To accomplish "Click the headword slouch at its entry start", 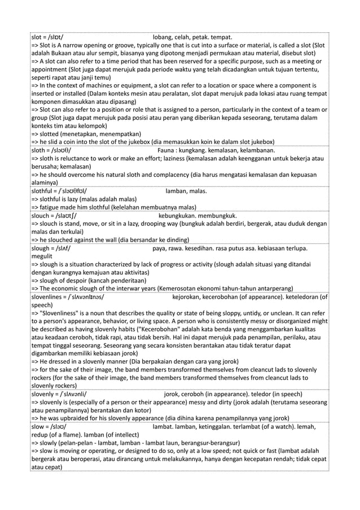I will coord(42,215).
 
